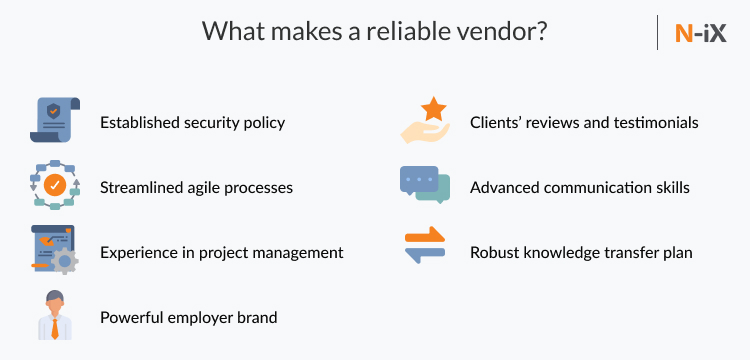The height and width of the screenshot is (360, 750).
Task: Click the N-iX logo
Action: (x=700, y=33)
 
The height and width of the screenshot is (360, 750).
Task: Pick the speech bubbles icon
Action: (x=425, y=185)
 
